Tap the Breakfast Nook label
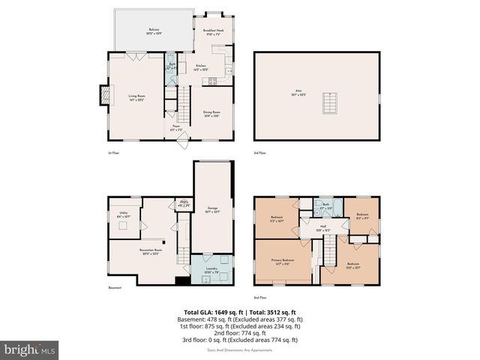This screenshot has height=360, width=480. (x=214, y=31)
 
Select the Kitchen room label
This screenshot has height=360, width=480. (x=201, y=67)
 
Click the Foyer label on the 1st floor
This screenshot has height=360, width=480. (x=177, y=127)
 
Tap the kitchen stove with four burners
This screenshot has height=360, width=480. (x=214, y=80)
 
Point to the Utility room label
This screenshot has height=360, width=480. (x=123, y=214)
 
